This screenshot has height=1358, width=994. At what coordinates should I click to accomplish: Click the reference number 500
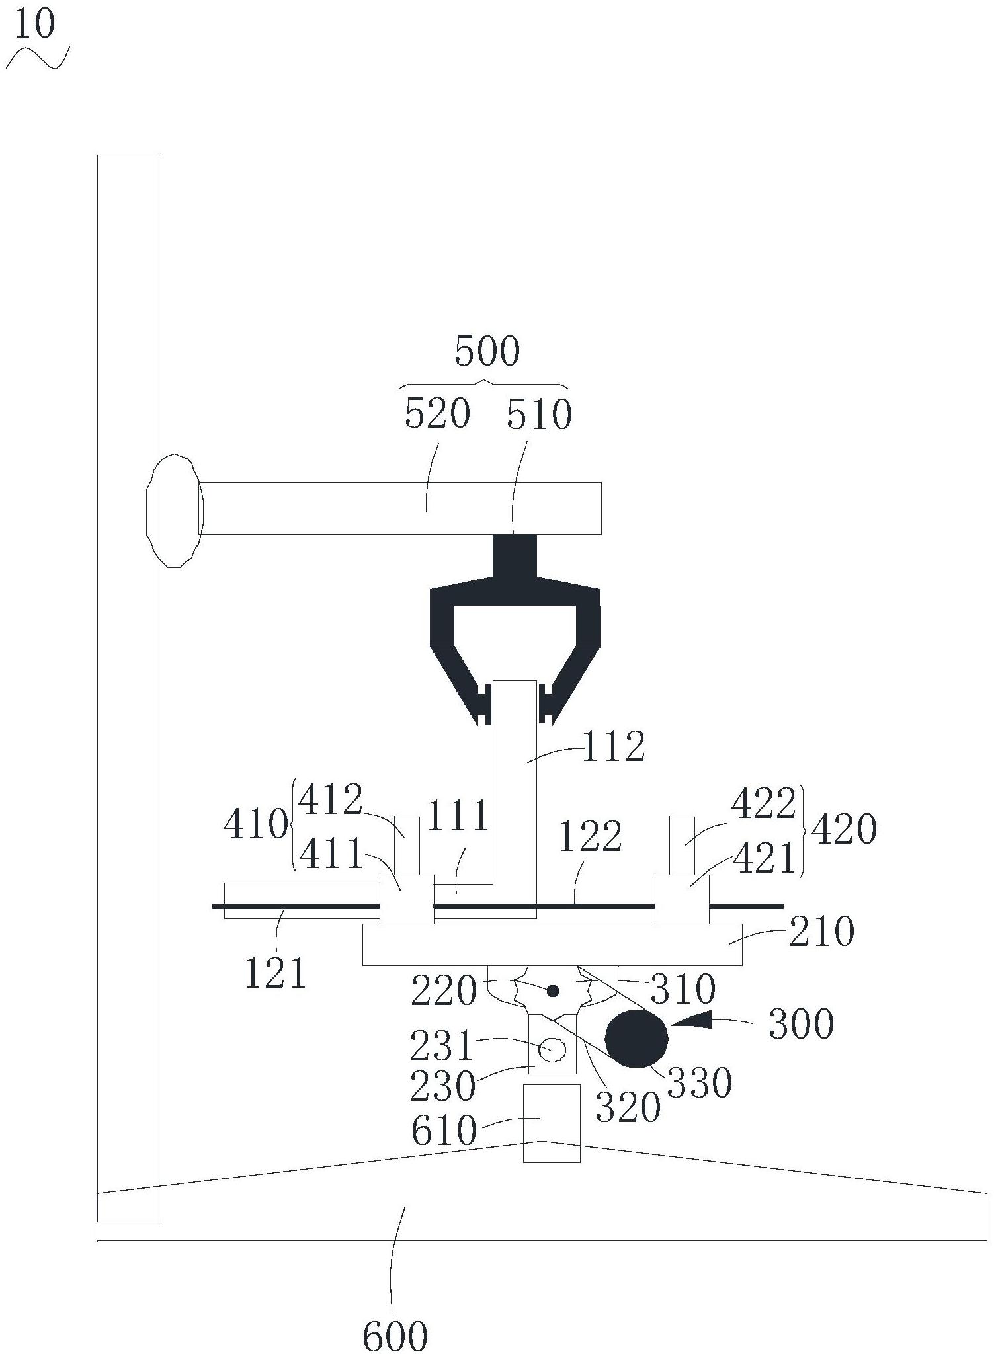pos(487,351)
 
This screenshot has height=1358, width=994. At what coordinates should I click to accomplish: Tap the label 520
pos(437,415)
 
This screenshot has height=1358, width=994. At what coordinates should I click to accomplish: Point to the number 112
pos(613,748)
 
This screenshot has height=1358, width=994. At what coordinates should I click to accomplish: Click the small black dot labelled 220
pos(553,991)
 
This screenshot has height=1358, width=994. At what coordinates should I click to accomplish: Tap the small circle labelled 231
pos(552,1049)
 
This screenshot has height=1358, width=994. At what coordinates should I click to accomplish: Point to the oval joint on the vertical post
pos(173,510)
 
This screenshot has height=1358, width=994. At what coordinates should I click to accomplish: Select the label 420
pos(845,829)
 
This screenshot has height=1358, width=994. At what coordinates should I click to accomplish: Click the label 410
pos(256,825)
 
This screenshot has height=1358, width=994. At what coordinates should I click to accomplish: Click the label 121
pos(275,974)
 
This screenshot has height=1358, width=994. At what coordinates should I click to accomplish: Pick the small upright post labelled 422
pos(682,846)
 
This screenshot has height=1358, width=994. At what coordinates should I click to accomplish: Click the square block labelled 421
pos(682,899)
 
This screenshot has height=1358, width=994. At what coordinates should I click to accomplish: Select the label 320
pos(628,1108)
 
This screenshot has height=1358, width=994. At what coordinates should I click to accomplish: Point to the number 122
pos(590,838)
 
